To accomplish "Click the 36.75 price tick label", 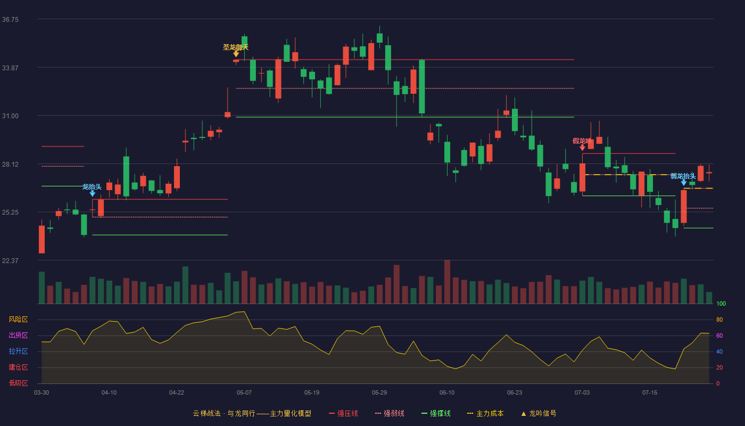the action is tap(10, 20).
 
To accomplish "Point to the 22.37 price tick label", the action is tap(10, 260).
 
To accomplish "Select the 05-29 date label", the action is tap(379, 393).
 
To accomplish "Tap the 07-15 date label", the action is tap(650, 393).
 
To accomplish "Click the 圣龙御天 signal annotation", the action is tap(236, 47).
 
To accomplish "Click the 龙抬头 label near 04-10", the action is tap(92, 187).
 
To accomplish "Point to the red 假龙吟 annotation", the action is tap(582, 141).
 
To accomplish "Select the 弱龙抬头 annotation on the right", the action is tap(683, 176).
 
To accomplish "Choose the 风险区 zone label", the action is tap(18, 319).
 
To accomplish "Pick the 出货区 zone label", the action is tap(18, 335).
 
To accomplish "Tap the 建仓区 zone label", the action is tap(18, 367).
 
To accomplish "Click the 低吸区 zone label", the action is tap(18, 383).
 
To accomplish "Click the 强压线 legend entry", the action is tap(343, 413).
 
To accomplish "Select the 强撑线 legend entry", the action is tap(436, 413).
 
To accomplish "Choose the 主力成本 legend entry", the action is tap(485, 413).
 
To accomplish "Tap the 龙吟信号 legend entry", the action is tap(539, 413).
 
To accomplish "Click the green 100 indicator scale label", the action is tap(721, 304).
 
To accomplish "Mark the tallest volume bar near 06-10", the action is tap(448, 282).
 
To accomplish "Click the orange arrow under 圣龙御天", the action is tap(236, 54).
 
